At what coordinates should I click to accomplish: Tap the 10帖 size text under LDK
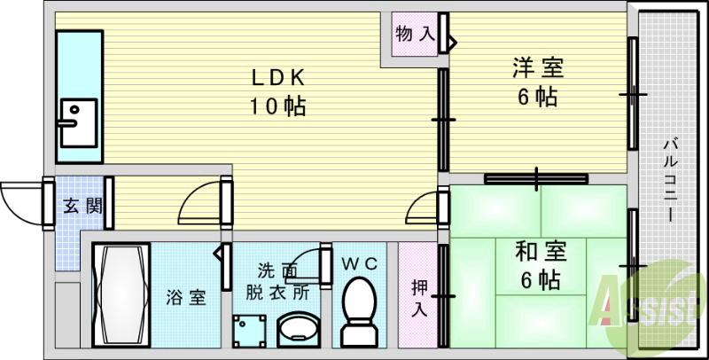pyautogui.click(x=277, y=107)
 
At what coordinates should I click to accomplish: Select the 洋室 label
pyautogui.click(x=538, y=67)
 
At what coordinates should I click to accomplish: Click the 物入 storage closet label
pyautogui.click(x=415, y=35)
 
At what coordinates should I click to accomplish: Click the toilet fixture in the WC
pyautogui.click(x=359, y=310)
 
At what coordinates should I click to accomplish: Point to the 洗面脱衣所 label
pyautogui.click(x=277, y=280)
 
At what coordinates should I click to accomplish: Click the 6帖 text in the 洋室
pyautogui.click(x=538, y=97)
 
